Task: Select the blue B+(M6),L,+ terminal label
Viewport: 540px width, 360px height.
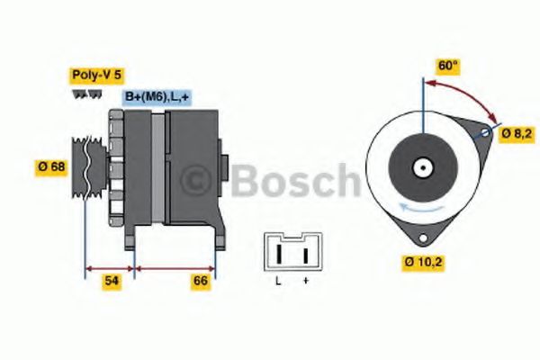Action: pos(156,96)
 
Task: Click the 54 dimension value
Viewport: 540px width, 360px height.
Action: pos(111,282)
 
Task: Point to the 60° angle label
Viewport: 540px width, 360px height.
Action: pos(447,66)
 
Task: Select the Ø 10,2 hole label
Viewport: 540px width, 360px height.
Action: pos(426,264)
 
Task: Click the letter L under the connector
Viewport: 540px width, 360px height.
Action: pos(278,282)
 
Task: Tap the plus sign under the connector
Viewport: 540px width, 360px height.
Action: pos(306,282)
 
